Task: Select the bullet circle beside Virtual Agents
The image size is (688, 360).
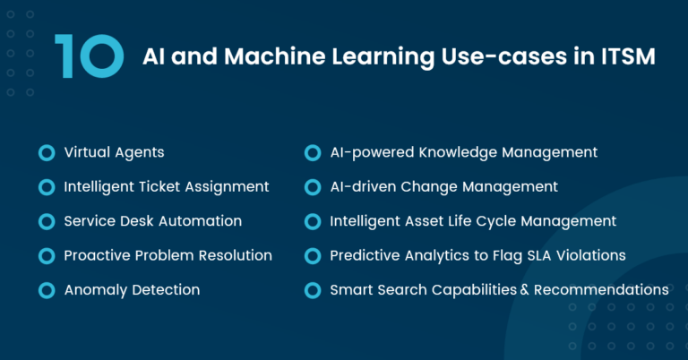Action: (x=47, y=153)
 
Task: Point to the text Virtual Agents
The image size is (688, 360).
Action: (x=114, y=152)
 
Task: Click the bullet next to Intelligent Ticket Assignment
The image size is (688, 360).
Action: (x=47, y=187)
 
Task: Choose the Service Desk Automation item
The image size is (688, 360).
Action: (x=152, y=221)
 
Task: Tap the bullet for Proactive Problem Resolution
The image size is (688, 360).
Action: (x=47, y=256)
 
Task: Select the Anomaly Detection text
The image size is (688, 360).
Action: (x=132, y=290)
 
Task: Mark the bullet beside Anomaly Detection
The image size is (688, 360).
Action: (x=47, y=290)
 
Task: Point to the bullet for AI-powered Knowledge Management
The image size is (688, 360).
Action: (x=312, y=153)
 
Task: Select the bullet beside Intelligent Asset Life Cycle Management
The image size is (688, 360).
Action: (x=312, y=221)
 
